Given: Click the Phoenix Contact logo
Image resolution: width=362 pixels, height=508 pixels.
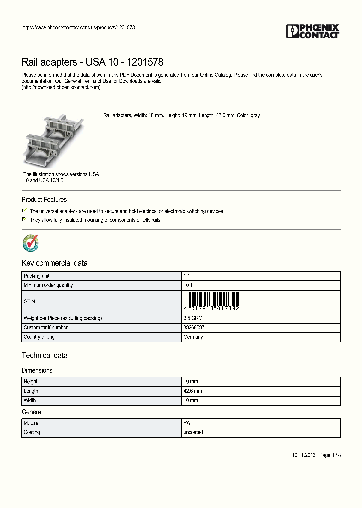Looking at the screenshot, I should coord(313,31).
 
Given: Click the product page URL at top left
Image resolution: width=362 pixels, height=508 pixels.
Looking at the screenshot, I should coord(78,27).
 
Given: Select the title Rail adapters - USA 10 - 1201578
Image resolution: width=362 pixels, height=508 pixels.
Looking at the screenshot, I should coord(92,62).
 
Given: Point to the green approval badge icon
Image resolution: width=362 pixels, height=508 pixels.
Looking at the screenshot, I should coord(31,243).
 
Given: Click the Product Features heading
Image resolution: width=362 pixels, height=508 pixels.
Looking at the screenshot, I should coord(44,200).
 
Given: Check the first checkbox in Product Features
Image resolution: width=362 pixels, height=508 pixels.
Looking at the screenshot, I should coord(25,211).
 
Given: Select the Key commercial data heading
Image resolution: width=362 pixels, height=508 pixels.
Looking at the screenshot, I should coord(54,263).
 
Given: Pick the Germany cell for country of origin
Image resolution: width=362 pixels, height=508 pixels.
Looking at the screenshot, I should coord(193,337).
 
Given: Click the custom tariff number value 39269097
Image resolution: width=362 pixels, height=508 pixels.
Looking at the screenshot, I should coord(194,328).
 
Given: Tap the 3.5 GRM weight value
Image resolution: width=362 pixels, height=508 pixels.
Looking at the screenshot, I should coord(193,318).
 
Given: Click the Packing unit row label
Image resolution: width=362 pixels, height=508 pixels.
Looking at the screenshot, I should coord(37,276).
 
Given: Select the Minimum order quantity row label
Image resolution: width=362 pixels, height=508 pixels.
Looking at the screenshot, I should coord(48,285).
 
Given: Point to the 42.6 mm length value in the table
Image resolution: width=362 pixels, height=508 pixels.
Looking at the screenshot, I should coord(193,391).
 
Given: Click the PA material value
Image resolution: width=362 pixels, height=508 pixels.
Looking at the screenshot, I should coord(187,423).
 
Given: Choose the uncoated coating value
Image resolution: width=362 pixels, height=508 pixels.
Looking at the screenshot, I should coord(193,432).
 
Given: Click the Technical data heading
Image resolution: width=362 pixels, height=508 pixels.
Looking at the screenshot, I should coord(44,356).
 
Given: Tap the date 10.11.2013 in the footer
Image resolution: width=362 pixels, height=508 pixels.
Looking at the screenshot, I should coord(303,455).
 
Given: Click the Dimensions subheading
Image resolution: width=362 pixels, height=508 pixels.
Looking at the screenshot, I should coord(37,370).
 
